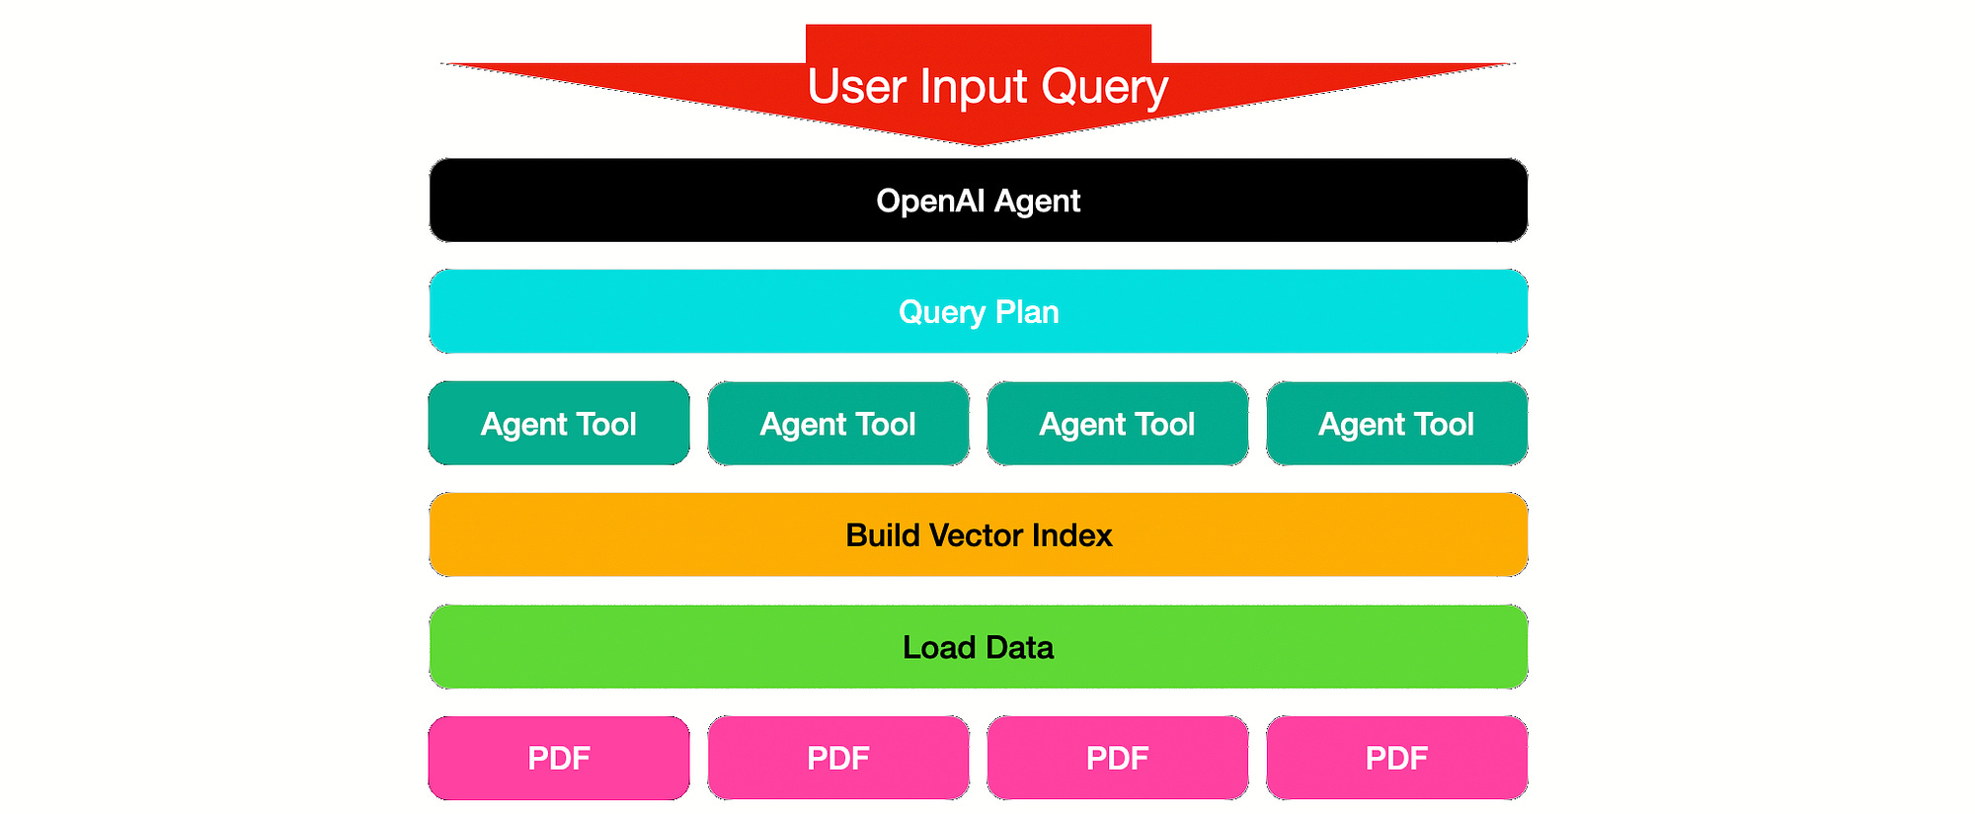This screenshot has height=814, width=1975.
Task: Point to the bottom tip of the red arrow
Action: [x=979, y=143]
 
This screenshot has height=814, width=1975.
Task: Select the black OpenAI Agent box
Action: [x=979, y=201]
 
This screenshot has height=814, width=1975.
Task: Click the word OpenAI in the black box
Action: [x=930, y=201]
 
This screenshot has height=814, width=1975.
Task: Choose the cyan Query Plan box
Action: [x=979, y=312]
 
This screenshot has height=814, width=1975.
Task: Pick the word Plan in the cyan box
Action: [x=1027, y=312]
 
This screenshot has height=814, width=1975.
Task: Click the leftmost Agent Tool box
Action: [x=559, y=424]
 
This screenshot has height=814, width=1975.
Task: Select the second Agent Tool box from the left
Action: [x=838, y=424]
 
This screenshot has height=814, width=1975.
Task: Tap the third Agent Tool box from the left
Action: [x=1118, y=424]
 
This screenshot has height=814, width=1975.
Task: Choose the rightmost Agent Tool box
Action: [x=1396, y=424]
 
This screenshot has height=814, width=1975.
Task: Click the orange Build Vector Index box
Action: [x=979, y=535]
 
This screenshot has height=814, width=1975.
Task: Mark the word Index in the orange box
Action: [x=1071, y=535]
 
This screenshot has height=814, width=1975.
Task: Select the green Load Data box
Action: [x=979, y=647]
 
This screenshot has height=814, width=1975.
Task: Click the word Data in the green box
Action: [x=1019, y=647]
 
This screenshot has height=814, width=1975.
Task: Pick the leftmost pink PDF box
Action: [x=559, y=758]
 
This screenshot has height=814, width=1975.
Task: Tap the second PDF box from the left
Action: [x=838, y=758]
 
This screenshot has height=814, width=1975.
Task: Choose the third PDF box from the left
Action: [x=1118, y=758]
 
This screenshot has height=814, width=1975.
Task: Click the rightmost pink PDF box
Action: [x=1396, y=758]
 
